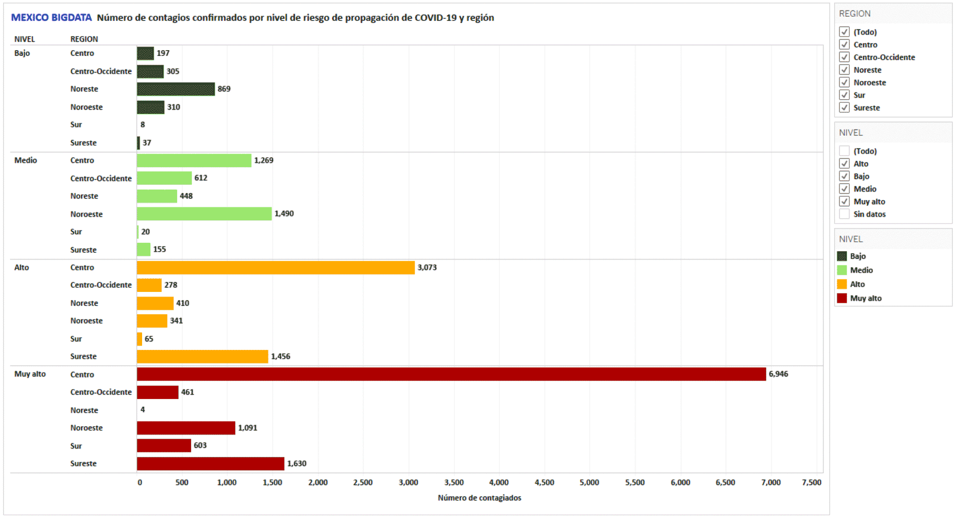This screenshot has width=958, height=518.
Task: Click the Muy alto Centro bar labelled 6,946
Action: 451,374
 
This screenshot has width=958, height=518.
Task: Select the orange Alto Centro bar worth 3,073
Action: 276,267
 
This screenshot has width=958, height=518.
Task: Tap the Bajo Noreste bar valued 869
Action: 176,89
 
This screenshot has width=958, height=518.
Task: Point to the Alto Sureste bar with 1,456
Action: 202,357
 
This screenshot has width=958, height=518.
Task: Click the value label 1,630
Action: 297,464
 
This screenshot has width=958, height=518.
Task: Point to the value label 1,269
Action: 264,160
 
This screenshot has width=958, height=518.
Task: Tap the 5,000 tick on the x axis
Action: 589,482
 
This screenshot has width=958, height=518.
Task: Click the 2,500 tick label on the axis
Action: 363,482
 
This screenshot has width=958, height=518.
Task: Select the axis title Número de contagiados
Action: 480,498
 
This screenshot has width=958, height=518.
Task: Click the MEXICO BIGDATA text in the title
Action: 51,18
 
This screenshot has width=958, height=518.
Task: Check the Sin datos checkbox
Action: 844,214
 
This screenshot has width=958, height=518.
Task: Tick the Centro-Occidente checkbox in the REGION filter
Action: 844,57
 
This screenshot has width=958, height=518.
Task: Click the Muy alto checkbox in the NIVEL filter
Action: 844,202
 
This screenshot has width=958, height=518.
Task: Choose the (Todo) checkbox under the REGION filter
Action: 844,32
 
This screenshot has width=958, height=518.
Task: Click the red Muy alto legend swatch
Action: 842,298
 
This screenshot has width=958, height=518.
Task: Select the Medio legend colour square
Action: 842,270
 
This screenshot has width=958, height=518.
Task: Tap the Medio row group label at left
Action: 26,160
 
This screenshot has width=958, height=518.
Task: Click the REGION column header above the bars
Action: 84,39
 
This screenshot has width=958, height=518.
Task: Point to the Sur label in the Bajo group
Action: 76,125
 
